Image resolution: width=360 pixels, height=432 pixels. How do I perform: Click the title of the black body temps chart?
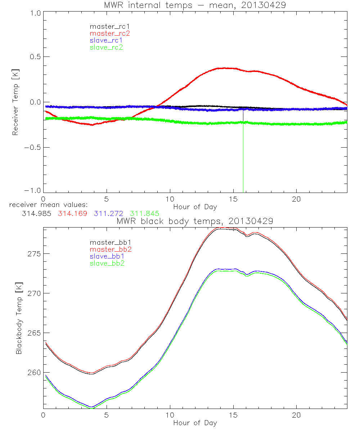point(195,221)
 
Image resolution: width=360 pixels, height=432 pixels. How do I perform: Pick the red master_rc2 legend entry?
point(110,33)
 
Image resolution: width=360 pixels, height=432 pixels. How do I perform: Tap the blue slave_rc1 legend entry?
point(106,40)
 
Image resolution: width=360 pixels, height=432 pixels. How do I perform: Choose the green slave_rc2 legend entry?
point(106,47)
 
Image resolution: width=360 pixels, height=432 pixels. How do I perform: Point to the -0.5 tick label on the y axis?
point(32,148)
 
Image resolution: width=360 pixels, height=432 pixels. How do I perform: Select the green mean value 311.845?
point(145,214)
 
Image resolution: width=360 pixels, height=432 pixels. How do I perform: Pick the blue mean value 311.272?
point(109,214)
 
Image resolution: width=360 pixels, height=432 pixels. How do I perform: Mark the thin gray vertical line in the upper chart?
point(243,151)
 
